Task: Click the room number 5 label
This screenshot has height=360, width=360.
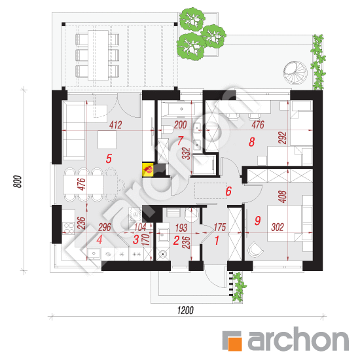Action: (x=109, y=158)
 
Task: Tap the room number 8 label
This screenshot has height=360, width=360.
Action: (x=251, y=142)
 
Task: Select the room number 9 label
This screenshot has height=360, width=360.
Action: (x=258, y=221)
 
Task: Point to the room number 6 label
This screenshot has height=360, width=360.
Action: (x=228, y=191)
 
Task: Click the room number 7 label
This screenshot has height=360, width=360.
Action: (x=180, y=141)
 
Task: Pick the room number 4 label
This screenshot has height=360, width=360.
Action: (x=99, y=240)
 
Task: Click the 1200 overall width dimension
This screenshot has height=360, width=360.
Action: (x=185, y=310)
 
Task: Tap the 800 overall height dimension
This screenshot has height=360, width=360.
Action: (x=18, y=181)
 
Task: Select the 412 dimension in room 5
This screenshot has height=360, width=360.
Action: (x=115, y=125)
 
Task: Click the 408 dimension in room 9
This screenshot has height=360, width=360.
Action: (x=283, y=196)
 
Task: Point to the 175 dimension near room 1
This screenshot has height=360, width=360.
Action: (x=220, y=227)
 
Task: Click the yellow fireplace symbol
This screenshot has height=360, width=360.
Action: (x=148, y=170)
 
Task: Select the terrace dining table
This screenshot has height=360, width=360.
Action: (x=98, y=55)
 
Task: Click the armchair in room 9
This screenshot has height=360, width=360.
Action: (x=255, y=249)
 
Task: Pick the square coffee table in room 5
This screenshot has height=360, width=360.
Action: (x=107, y=139)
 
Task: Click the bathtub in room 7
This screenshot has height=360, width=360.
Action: (x=178, y=109)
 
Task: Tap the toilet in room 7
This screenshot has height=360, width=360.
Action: (x=167, y=129)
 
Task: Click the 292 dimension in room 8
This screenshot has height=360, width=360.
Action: (x=283, y=137)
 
